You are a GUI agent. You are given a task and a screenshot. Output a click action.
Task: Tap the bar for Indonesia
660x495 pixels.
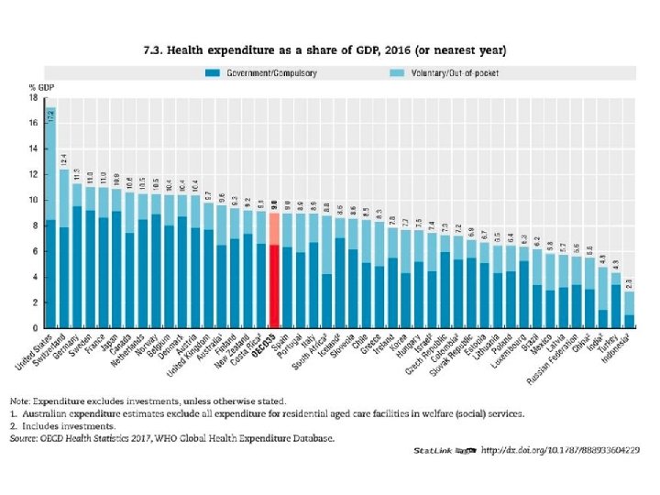630,312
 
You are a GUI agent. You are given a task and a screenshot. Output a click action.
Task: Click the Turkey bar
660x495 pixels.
617,302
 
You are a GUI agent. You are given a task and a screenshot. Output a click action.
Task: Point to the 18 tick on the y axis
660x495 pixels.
33,97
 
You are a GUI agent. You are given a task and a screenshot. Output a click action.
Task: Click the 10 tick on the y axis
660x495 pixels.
33,200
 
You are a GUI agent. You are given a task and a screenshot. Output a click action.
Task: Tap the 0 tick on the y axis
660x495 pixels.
35,328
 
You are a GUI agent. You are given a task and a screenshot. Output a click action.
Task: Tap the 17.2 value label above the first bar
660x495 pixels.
50,116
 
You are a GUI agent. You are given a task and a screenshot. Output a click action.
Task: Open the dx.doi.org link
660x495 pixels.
560,451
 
